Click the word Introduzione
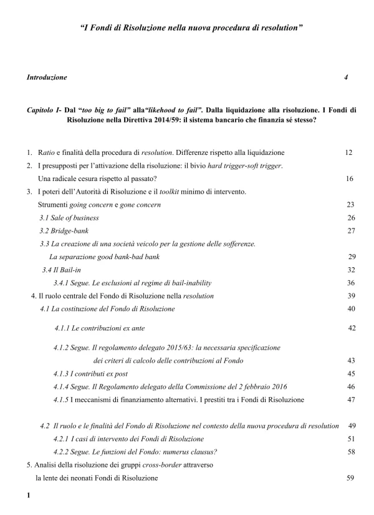(47, 78)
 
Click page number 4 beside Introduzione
(346, 78)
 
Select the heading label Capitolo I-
(44, 109)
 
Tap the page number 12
(349, 152)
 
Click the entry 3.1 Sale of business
(69, 218)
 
